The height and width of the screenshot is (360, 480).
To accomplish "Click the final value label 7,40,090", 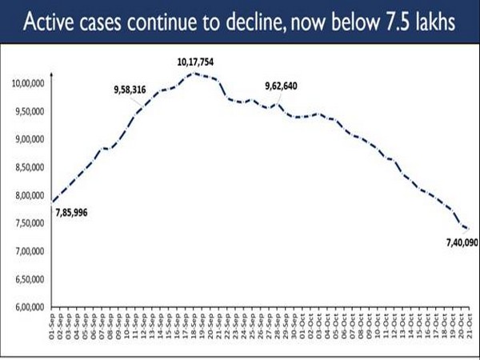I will tap(459, 241).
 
